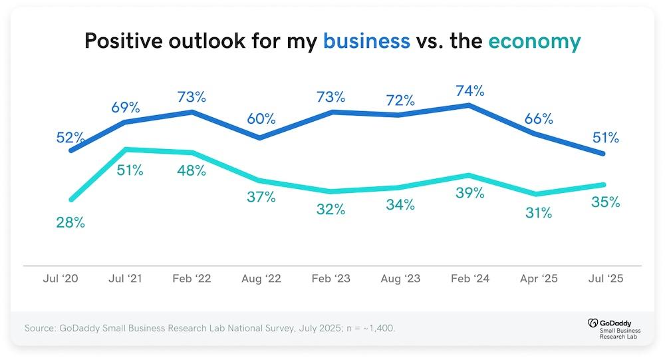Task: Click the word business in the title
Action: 366,42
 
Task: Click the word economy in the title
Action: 535,42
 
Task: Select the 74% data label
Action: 469,90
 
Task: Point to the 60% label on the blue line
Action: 261,119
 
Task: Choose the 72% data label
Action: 400,101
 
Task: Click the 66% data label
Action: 539,119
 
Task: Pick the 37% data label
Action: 261,197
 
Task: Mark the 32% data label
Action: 331,209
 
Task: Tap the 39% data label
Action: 469,193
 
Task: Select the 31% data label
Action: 539,213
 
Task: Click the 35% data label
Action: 606,202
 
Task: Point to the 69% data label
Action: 125,106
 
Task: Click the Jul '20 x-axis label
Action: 60,279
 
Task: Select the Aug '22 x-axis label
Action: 261,279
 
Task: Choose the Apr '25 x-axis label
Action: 538,279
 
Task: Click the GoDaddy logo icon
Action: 594,323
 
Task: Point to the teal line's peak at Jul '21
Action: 126,149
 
